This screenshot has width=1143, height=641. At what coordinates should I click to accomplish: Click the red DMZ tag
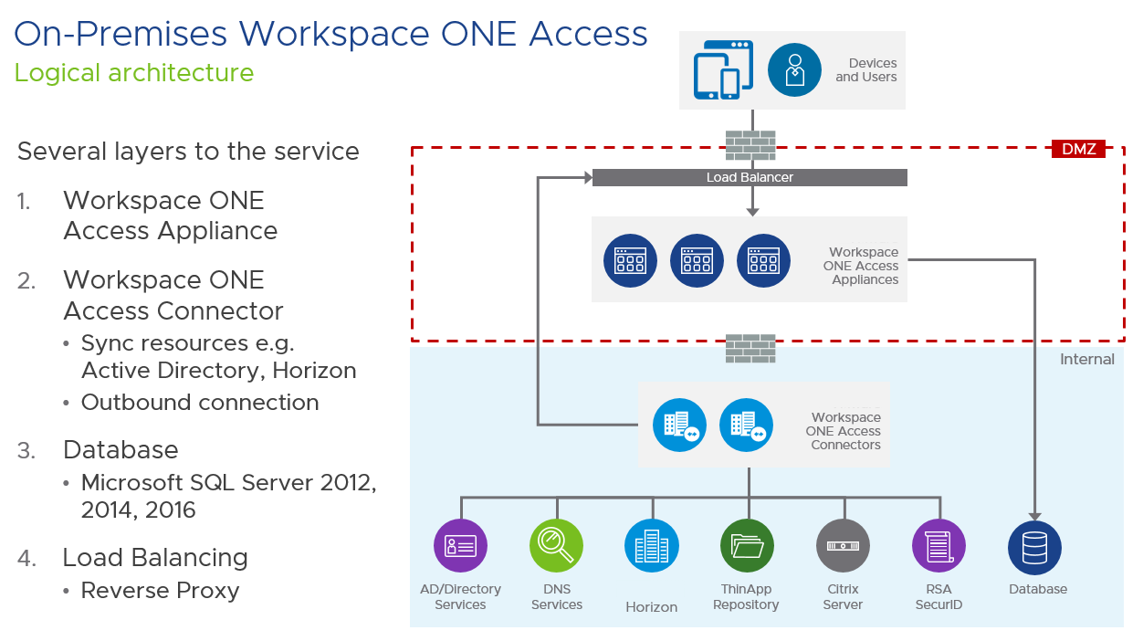pos(1077,148)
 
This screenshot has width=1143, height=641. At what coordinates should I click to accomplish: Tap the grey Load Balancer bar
pos(750,177)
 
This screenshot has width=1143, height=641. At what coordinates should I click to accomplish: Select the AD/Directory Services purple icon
pos(460,546)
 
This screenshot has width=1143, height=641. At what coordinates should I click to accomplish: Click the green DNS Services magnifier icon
pos(556,546)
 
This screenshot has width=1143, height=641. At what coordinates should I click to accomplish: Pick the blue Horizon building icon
pos(652,546)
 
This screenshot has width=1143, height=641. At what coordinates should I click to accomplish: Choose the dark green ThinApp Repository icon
pos(747,546)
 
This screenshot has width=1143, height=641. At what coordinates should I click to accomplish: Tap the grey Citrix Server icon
pos(843,546)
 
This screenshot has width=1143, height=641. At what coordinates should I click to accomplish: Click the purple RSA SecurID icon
pos(939,546)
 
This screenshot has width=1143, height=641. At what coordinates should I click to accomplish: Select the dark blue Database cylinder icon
pos(1034,547)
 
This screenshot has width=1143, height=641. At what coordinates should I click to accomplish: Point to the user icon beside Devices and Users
pos(794,70)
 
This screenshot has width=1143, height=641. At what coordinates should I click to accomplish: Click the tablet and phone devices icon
pos(722,69)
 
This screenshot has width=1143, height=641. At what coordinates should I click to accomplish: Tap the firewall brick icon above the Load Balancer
pos(750,145)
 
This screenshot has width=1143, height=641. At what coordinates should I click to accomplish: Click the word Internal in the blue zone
pos(1086,360)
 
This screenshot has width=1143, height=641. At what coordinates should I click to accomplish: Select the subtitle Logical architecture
pos(134,73)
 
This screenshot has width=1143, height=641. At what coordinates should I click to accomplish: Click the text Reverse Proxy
pos(160,591)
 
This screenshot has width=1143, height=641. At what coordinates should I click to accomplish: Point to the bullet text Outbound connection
pos(200,403)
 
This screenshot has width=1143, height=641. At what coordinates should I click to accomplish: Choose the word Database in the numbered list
pos(121,450)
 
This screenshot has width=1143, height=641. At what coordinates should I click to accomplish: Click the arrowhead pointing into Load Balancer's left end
pos(586,177)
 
